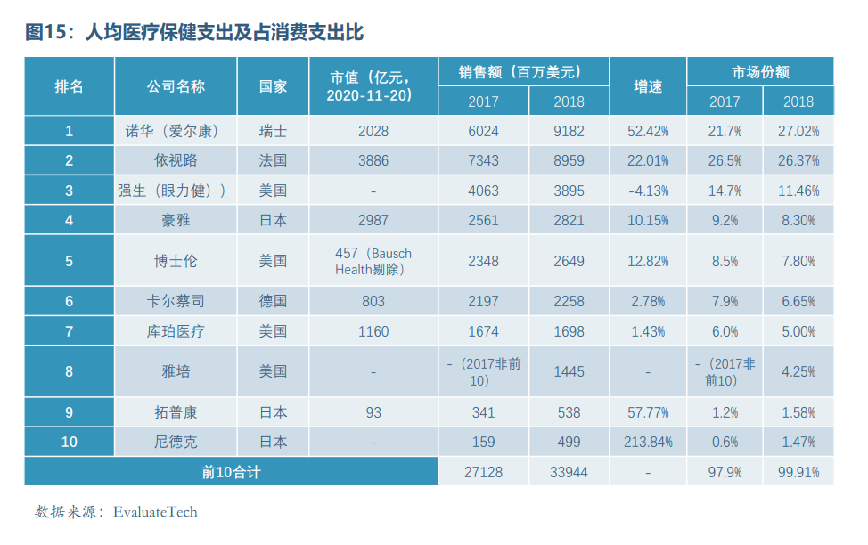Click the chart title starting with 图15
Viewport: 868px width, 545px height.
(x=195, y=33)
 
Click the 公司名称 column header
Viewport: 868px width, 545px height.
(x=176, y=86)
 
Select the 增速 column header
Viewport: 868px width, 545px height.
(x=648, y=86)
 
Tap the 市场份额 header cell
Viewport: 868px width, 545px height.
(x=760, y=72)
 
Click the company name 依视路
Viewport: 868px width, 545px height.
(x=176, y=161)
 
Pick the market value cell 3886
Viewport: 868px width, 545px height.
(x=373, y=161)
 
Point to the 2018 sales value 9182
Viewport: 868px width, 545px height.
(x=569, y=131)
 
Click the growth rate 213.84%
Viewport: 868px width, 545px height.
(x=648, y=442)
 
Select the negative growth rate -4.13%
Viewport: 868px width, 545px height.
(x=648, y=191)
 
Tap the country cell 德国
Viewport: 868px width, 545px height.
(x=273, y=301)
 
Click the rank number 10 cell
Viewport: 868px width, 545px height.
(x=69, y=442)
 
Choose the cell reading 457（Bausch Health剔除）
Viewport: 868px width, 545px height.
(x=373, y=261)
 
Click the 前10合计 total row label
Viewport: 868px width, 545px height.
(x=231, y=472)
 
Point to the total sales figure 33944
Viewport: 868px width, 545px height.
(x=569, y=472)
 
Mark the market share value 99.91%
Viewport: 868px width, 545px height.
(x=798, y=472)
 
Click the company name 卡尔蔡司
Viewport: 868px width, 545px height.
(x=176, y=301)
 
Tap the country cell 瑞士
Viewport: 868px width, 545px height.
(x=273, y=131)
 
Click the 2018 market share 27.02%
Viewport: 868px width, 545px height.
(x=798, y=131)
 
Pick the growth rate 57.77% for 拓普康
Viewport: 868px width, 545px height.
(x=648, y=412)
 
